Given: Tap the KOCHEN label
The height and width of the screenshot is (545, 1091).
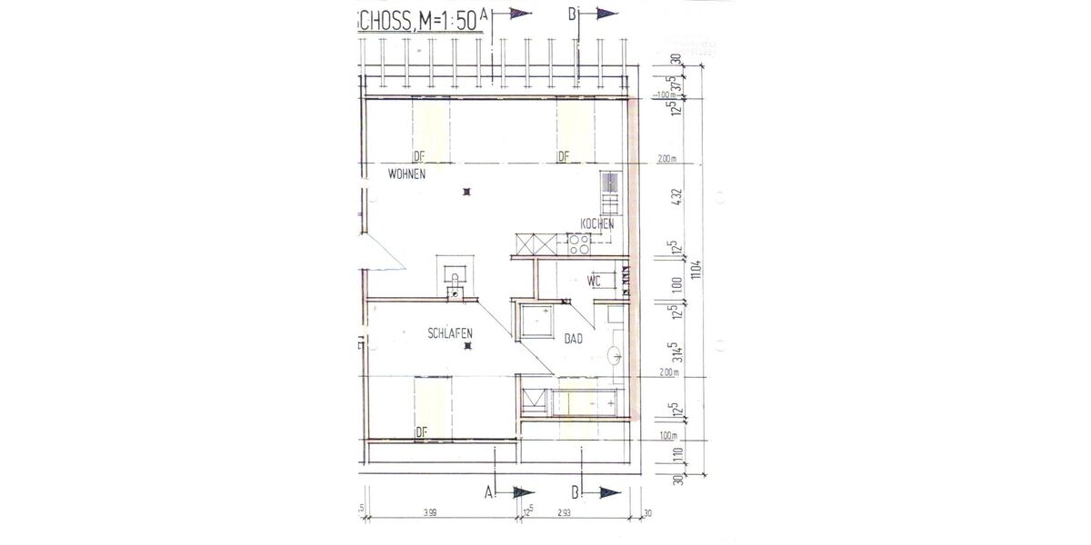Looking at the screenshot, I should point(596,224).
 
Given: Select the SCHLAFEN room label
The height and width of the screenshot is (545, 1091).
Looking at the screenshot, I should point(449,335).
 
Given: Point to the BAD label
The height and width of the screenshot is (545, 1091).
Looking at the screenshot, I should point(573,341).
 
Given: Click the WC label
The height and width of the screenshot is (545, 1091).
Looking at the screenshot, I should point(596,281).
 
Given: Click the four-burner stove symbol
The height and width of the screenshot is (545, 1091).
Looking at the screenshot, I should point(579,243).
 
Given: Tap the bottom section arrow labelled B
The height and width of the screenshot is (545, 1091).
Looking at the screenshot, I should point(606,492).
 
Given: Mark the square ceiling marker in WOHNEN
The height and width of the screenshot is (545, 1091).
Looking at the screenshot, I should point(466,192).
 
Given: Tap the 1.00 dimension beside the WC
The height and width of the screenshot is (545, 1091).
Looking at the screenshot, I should point(674,283).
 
